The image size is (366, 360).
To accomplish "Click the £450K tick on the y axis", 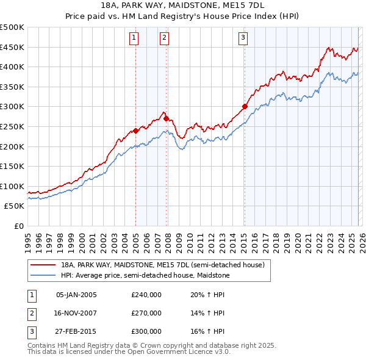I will tap(12, 47).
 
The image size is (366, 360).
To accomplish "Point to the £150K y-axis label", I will tap(12, 166).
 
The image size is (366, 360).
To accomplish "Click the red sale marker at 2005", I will tap(135, 131).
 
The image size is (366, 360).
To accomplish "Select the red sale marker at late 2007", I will tap(166, 119).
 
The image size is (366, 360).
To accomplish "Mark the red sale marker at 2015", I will tap(245, 107).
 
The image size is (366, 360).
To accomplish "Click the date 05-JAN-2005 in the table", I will tap(76, 295).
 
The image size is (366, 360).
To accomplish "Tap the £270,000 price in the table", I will tap(146, 313).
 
